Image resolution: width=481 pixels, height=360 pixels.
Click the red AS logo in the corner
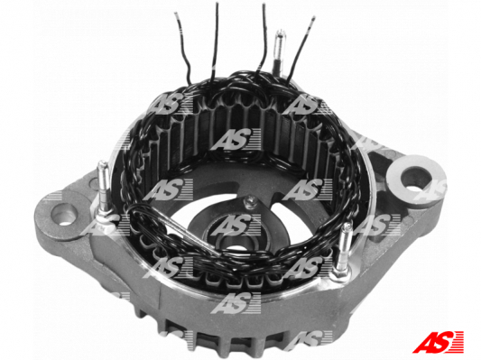click(x=438, y=342)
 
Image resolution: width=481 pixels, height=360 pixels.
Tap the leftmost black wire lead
click(x=183, y=46)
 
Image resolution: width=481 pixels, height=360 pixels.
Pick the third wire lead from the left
click(x=263, y=38)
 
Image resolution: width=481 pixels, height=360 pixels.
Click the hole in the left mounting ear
click(x=65, y=215)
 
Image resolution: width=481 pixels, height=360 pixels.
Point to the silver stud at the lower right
click(x=343, y=247)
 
